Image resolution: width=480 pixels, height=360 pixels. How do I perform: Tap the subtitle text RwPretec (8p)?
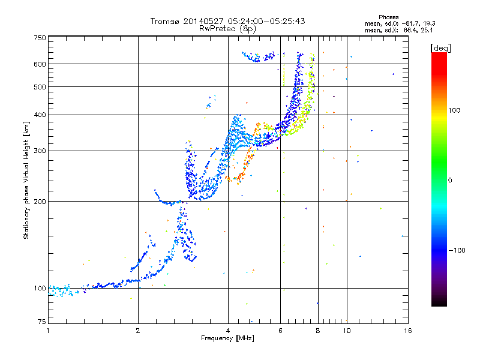tap(227, 29)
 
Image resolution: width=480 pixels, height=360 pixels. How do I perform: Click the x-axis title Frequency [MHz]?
tap(227, 338)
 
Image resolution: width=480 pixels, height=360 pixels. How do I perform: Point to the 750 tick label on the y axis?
tap(40, 38)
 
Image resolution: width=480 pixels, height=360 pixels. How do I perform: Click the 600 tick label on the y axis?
tap(40, 64)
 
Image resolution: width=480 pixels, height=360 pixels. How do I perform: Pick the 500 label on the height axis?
tap(40, 87)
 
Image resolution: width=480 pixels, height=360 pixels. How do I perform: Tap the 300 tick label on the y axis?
tap(40, 151)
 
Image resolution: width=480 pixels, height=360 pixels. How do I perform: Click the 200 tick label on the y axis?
tap(40, 202)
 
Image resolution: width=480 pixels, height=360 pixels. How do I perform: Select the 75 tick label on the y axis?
tap(42, 322)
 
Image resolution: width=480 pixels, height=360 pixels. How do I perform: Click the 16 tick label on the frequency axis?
tap(408, 331)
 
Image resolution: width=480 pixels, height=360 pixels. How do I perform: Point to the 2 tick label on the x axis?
tap(138, 331)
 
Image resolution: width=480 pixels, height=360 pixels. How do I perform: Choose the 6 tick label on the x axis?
tap(280, 331)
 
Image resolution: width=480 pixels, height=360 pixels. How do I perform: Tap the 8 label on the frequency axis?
tap(318, 331)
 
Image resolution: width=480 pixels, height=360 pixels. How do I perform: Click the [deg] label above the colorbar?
tap(440, 48)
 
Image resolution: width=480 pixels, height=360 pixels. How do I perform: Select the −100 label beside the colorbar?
tap(457, 250)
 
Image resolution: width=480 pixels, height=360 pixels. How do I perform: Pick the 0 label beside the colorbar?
tap(450, 180)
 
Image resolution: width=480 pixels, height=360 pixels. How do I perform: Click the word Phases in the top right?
tap(388, 17)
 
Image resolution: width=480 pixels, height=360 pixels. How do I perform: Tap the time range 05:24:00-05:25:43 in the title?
tap(266, 21)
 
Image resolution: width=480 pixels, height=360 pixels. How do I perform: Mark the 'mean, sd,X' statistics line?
tap(398, 31)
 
